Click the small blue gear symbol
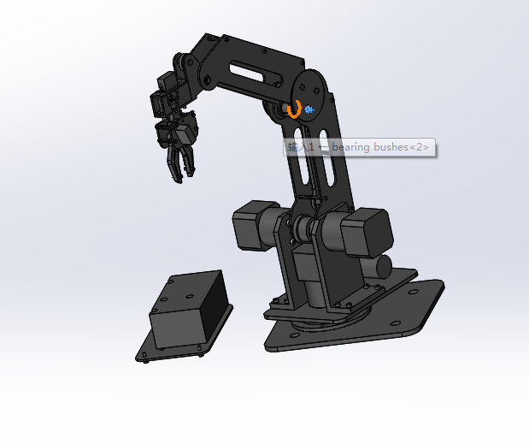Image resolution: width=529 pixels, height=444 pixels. tap(309, 110)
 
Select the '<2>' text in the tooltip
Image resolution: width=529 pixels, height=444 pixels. tap(419, 147)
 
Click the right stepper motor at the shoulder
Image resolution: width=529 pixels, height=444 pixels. tap(365, 232)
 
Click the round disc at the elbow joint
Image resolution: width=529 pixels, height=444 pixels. tap(309, 90)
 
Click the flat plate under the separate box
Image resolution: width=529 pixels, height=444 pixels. tap(154, 351)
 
